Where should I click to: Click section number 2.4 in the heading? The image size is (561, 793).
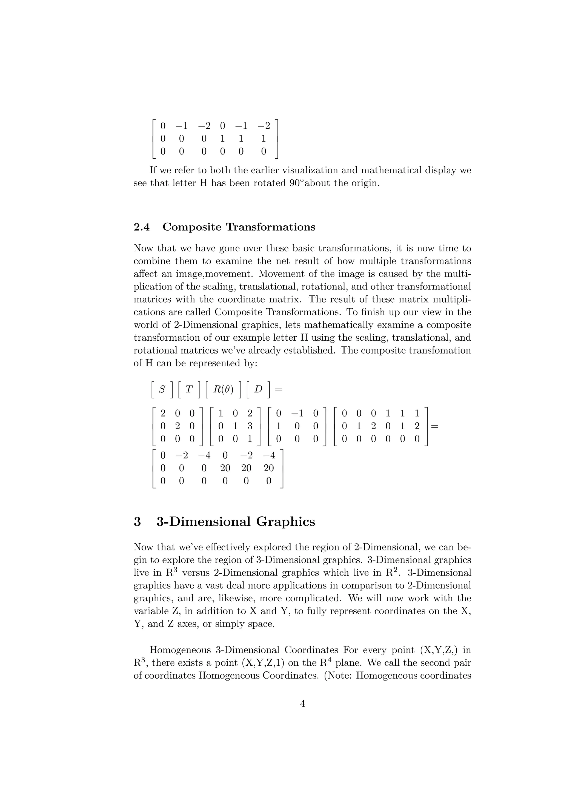point(142,227)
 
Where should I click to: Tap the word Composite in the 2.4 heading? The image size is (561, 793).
point(192,227)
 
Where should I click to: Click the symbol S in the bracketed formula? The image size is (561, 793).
point(162,389)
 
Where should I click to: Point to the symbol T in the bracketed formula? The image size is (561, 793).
point(189,389)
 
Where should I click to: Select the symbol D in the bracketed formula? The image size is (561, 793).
point(258,389)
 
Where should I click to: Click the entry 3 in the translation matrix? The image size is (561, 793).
point(250,426)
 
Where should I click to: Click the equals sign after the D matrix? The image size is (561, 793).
point(434,426)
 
